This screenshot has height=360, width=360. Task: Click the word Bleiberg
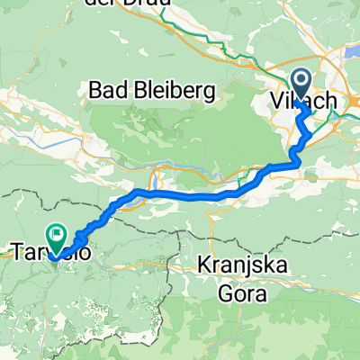tap(175, 90)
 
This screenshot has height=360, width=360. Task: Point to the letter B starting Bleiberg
tap(139, 90)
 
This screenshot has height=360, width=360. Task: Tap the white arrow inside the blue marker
tap(301, 85)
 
